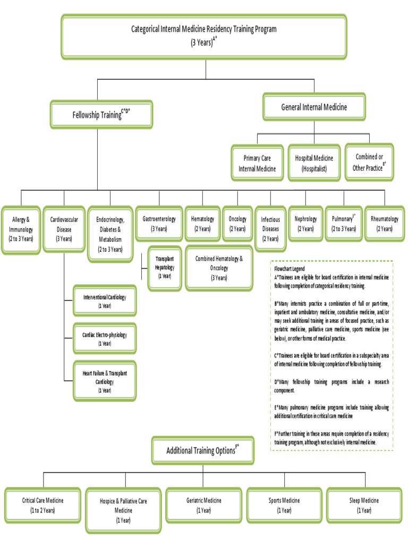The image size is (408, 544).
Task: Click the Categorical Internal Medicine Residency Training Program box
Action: coord(204,36)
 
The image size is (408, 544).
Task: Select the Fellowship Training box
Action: coord(101,114)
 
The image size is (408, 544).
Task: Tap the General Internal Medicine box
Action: coord(314,107)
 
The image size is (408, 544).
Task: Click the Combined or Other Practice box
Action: coord(369,162)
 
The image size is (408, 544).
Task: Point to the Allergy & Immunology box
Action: coord(20,229)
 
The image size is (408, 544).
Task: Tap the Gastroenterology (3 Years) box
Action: coord(159,223)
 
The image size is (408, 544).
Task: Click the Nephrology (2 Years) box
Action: coord(305,223)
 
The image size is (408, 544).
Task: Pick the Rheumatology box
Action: coord(385,223)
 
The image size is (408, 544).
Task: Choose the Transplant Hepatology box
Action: coord(165,267)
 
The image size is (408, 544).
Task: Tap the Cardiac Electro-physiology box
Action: coord(105,339)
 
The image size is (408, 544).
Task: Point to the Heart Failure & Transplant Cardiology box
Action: coord(105,381)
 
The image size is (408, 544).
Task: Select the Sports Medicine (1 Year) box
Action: coord(284,505)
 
